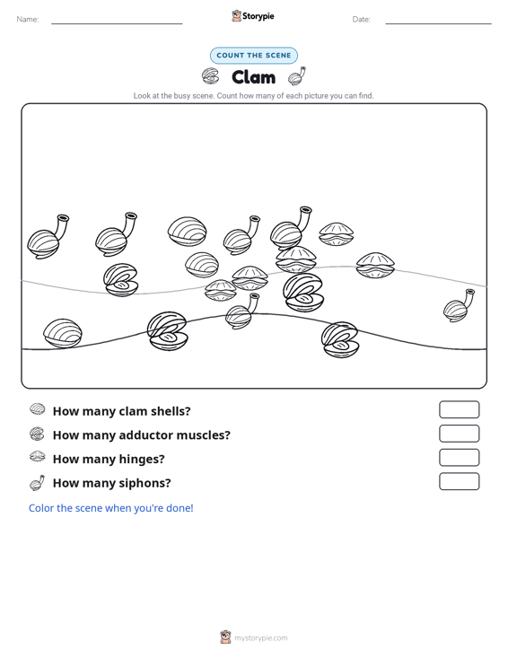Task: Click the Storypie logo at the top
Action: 253,16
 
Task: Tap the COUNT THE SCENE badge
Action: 254,56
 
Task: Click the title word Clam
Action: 253,77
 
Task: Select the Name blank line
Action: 117,23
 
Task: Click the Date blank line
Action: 438,23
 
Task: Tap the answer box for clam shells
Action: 460,409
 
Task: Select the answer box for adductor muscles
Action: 460,434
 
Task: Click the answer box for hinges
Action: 460,458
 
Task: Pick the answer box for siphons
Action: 460,481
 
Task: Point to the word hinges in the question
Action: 142,460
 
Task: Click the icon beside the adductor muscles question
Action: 37,434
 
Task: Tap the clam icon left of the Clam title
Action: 211,76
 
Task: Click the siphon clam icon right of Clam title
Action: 296,76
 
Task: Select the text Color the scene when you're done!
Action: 111,508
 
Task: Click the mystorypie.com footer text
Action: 261,638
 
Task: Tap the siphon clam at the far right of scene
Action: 459,305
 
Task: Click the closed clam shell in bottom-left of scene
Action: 63,334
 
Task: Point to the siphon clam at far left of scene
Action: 48,237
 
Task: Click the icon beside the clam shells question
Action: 38,408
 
